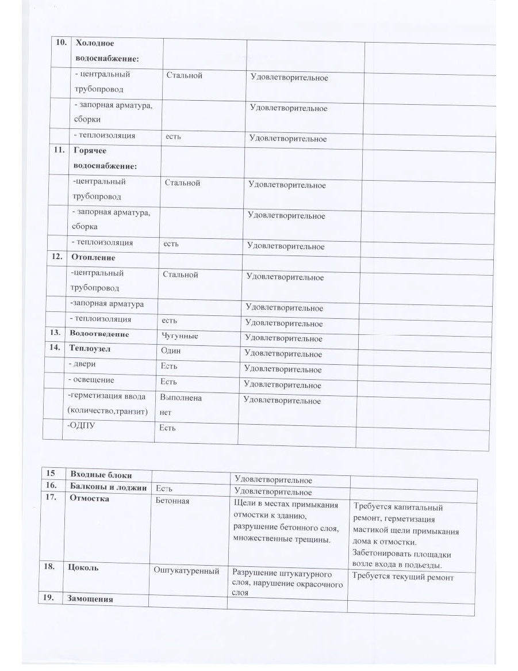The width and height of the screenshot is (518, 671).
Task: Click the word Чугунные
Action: pyautogui.click(x=181, y=335)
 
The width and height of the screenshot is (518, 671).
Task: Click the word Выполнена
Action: pyautogui.click(x=181, y=398)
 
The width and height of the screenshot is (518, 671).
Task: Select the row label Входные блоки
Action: pyautogui.click(x=101, y=475)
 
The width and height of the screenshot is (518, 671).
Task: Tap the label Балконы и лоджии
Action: pyautogui.click(x=107, y=487)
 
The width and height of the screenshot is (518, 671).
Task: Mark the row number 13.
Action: pyautogui.click(x=55, y=334)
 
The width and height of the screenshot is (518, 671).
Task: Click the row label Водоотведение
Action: pyautogui.click(x=99, y=334)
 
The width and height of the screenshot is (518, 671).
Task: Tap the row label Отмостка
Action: pyautogui.click(x=89, y=498)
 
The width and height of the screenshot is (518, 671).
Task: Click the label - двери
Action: pyautogui.click(x=82, y=364)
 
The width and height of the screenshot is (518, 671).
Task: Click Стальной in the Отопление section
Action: pyautogui.click(x=181, y=274)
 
